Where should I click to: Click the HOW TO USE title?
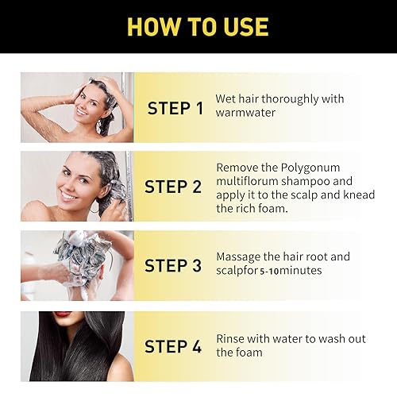click(x=198, y=26)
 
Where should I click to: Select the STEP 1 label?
click(x=180, y=108)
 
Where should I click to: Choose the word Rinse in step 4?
click(x=231, y=339)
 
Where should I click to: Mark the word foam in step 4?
click(x=253, y=353)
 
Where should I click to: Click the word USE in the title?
click(x=242, y=26)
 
